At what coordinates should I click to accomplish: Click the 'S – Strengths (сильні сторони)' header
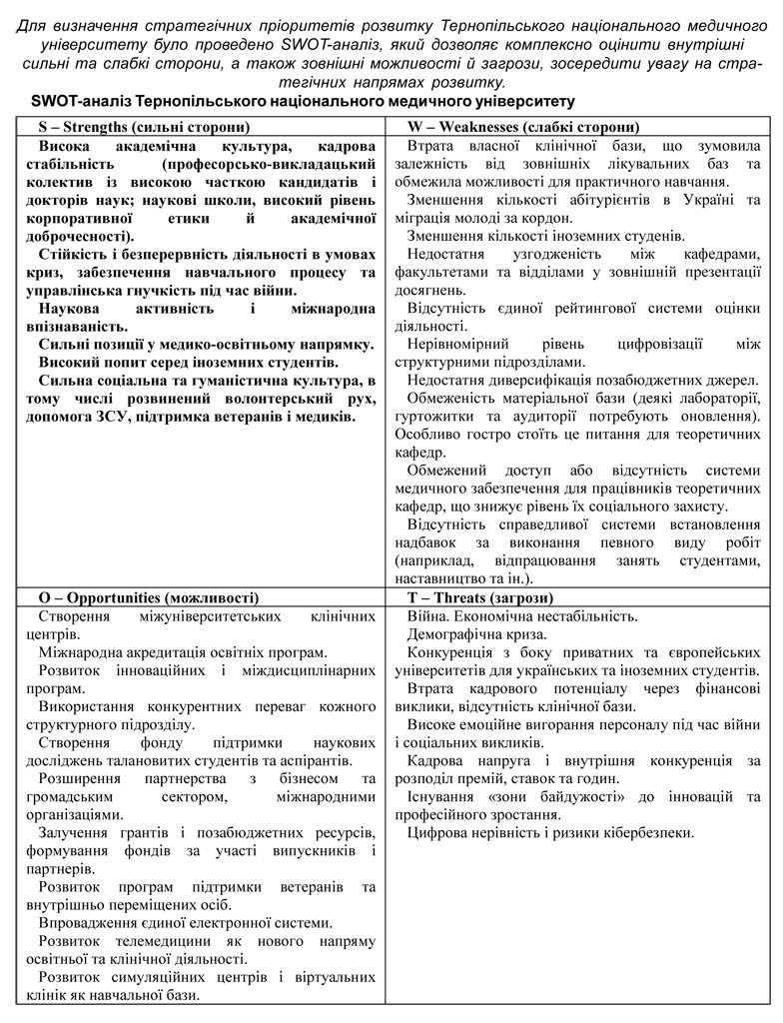pos(144,127)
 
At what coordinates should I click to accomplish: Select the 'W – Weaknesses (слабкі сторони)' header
pos(523,127)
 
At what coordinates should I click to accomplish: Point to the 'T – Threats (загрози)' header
pos(478,597)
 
